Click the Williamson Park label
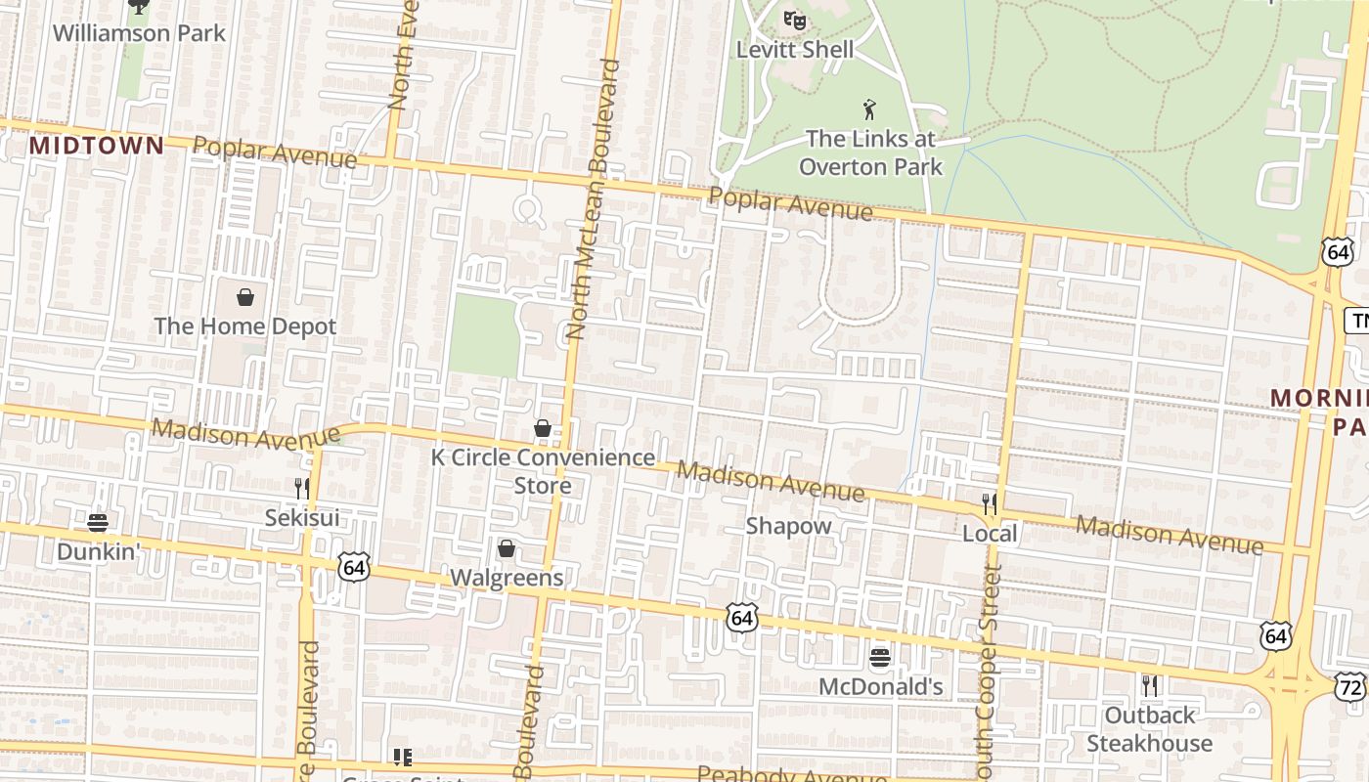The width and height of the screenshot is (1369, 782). tap(139, 33)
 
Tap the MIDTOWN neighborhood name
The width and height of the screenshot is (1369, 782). tap(97, 146)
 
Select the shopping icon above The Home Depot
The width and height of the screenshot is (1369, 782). tap(245, 296)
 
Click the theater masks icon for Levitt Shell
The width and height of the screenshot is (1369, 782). tap(795, 19)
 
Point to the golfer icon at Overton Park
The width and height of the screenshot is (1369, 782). tap(869, 109)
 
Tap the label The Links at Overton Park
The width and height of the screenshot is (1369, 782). tap(870, 152)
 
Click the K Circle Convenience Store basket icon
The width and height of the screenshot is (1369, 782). tap(543, 428)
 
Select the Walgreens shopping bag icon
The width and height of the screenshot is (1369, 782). tap(507, 548)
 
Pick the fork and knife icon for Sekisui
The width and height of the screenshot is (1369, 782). tap(302, 487)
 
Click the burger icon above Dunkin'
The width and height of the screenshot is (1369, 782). tap(97, 522)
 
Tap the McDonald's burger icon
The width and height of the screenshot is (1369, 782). tap(880, 656)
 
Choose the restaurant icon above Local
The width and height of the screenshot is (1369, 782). tap(990, 503)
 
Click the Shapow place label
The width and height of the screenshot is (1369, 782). tap(788, 526)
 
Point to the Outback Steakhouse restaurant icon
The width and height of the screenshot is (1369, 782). tap(1150, 685)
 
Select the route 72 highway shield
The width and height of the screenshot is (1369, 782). tap(1350, 687)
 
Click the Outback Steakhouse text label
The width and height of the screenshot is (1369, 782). tap(1150, 729)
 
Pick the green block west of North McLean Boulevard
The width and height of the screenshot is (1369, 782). tap(483, 335)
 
